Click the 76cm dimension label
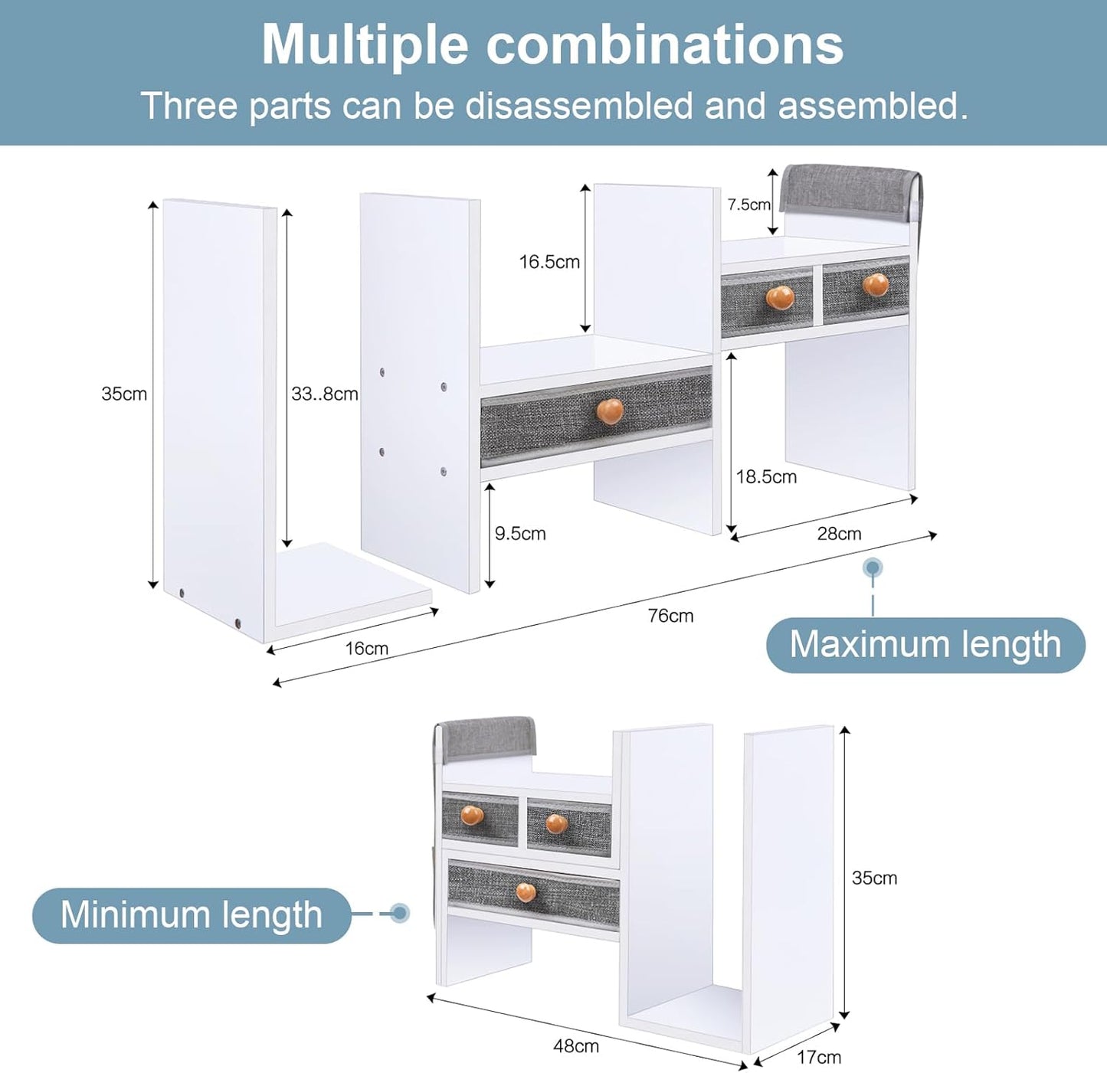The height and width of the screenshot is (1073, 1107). point(670,616)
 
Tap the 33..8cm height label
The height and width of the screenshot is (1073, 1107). point(324,394)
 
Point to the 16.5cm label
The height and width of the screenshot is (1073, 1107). point(549,262)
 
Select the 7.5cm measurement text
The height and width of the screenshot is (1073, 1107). point(748,204)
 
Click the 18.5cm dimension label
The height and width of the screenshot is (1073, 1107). point(766,476)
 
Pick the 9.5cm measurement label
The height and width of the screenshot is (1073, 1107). point(520,533)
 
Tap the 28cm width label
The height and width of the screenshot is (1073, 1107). point(839,533)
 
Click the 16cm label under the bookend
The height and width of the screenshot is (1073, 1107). point(366,648)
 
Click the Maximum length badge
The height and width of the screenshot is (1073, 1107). point(925,646)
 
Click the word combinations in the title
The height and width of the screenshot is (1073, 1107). point(664,45)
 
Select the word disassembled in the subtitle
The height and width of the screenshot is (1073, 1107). point(579,106)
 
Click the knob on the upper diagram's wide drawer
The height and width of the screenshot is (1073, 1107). point(609,411)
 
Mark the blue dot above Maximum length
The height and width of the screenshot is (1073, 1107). point(873,568)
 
